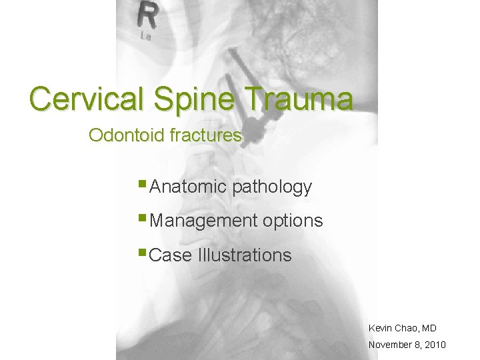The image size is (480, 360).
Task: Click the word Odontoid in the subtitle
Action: click(127, 135)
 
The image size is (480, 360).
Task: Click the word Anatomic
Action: click(189, 187)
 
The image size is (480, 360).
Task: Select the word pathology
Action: click(272, 187)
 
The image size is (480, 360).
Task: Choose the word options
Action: click(292, 221)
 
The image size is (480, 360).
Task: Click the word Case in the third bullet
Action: click(171, 255)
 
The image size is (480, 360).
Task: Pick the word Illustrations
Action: click(245, 255)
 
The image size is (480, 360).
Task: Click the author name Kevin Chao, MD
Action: click(402, 328)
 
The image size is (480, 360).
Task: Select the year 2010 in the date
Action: click(433, 345)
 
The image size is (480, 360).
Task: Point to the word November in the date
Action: click(390, 345)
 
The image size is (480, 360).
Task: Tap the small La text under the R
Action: click(145, 37)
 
